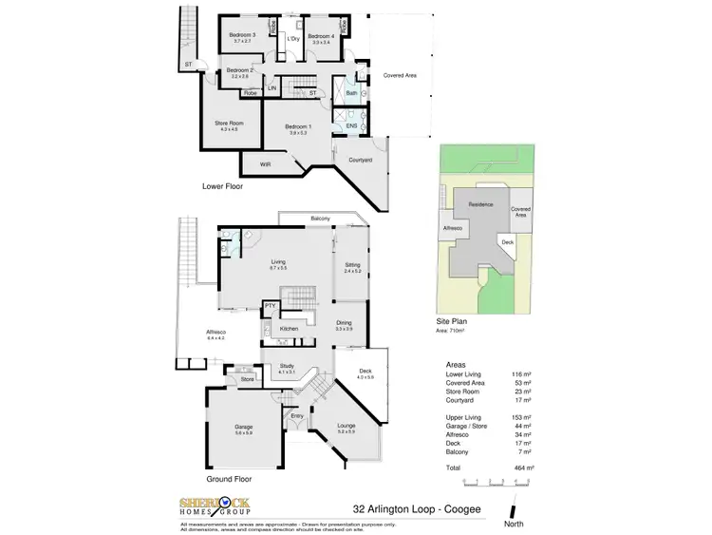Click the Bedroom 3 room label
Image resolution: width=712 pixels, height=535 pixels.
pos(241,35)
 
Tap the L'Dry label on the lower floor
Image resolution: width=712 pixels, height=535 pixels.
pos(293,38)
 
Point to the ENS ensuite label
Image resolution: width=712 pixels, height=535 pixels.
pos(351,125)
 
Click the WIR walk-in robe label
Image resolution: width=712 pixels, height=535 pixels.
pos(265,164)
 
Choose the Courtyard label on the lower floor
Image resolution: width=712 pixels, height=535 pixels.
pos(359,161)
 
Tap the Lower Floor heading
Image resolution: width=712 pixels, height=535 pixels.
pos(223,186)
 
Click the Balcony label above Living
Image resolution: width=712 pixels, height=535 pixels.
pos(321,220)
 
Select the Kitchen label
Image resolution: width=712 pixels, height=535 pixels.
pos(289,329)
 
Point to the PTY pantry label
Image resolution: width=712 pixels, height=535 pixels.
pos(270,305)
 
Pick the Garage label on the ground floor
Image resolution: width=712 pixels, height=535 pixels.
pos(244,427)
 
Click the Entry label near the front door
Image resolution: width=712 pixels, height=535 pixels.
pos(297,416)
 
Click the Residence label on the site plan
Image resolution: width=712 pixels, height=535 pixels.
pos(480,204)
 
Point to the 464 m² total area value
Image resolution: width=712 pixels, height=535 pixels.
pos(523,468)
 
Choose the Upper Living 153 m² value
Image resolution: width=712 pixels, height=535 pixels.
pos(523,418)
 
